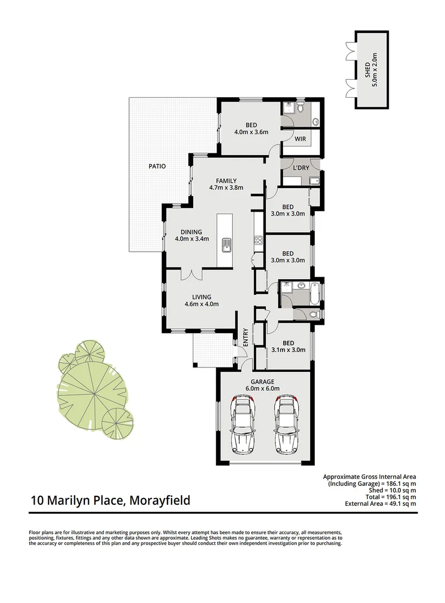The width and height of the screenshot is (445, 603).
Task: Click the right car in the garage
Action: (286, 424)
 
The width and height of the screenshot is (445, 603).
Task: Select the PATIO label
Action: (157, 166)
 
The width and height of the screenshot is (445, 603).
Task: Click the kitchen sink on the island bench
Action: (227, 243)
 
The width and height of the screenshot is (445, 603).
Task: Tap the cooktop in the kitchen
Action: (259, 241)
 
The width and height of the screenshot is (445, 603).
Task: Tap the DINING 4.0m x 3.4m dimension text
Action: (192, 239)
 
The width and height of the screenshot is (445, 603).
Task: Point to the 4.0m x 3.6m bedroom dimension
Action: (251, 132)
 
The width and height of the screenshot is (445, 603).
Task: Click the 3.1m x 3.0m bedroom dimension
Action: (288, 350)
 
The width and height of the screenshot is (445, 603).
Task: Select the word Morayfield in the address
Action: (160, 500)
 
